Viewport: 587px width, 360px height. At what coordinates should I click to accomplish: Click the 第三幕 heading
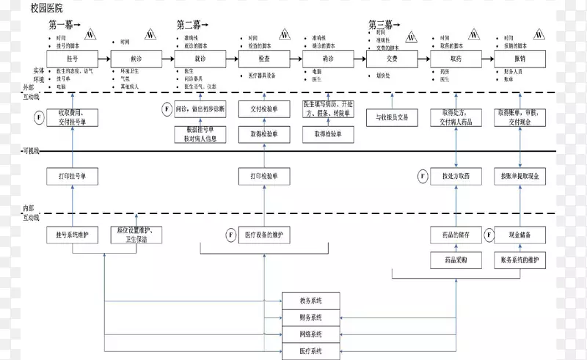(384, 24)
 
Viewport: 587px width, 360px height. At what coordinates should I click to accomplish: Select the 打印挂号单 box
(72, 177)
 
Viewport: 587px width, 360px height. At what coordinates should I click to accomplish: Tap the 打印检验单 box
(263, 177)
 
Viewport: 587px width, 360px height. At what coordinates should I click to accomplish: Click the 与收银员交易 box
(392, 117)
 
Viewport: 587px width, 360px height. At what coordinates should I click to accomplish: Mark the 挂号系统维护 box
(72, 235)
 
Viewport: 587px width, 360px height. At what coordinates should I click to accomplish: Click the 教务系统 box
(310, 301)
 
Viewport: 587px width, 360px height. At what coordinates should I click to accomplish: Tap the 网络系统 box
(310, 335)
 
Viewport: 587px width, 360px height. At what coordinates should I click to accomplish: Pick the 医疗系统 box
(310, 352)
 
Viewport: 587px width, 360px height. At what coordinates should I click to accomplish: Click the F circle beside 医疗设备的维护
(230, 235)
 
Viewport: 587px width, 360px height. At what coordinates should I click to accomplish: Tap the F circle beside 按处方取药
(423, 177)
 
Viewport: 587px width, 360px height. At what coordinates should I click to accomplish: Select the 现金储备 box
(519, 235)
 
